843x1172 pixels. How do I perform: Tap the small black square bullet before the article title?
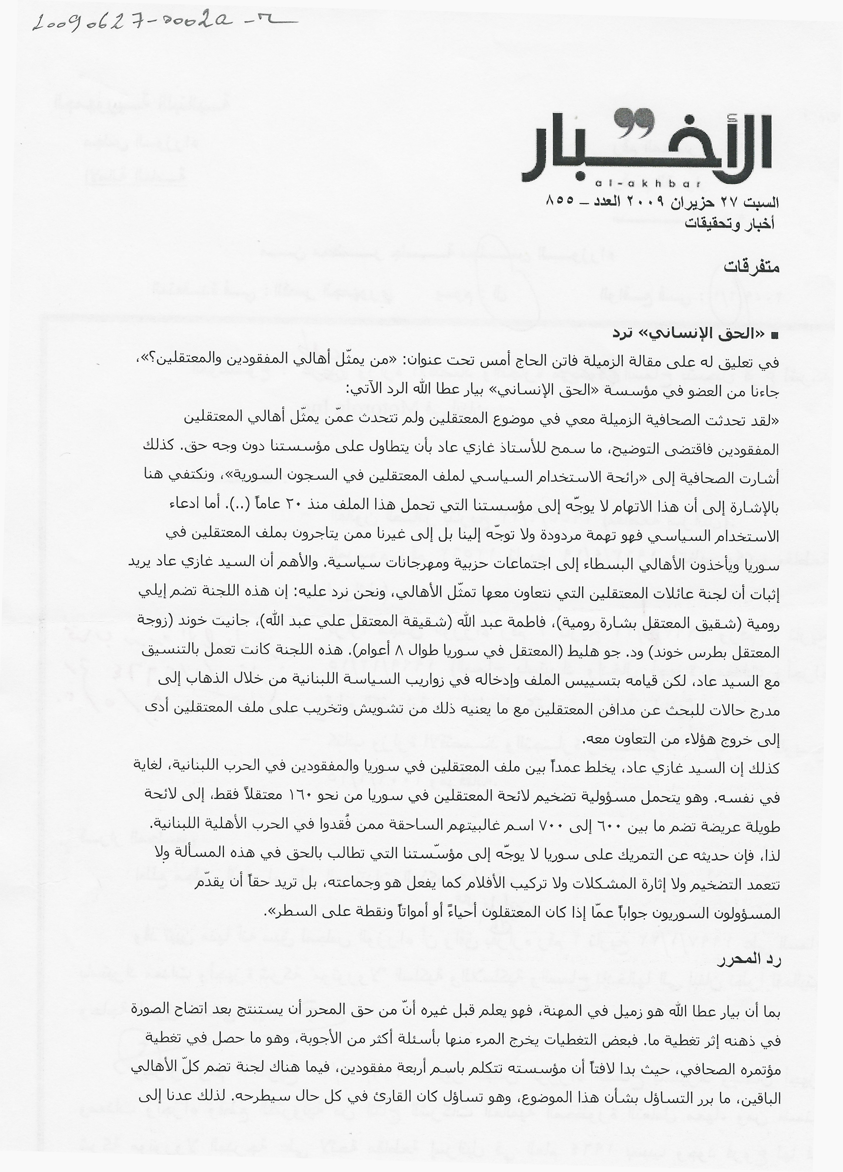(774, 336)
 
